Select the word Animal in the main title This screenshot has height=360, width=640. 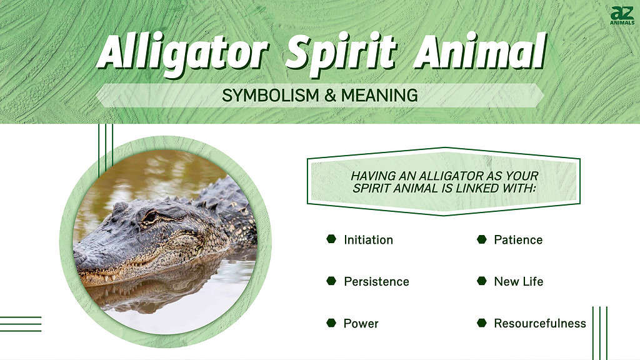coord(479,51)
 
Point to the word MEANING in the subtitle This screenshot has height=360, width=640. coord(379,96)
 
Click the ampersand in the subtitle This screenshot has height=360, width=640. coord(330,96)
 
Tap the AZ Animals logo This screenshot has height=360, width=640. coord(622,16)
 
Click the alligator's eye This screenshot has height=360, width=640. coord(150,217)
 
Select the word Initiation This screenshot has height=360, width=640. coord(368,239)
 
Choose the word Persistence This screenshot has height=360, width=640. coord(376,281)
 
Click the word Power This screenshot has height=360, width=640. coord(361,323)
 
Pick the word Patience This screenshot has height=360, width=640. coord(518,239)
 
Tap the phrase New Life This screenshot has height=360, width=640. coord(518,281)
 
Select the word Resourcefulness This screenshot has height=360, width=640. coord(539,323)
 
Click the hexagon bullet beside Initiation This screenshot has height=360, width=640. coord(331,239)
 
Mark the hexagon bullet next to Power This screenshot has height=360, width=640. coord(331,323)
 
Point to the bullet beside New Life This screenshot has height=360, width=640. coord(482,281)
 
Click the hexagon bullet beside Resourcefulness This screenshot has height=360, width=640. coord(482,323)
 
